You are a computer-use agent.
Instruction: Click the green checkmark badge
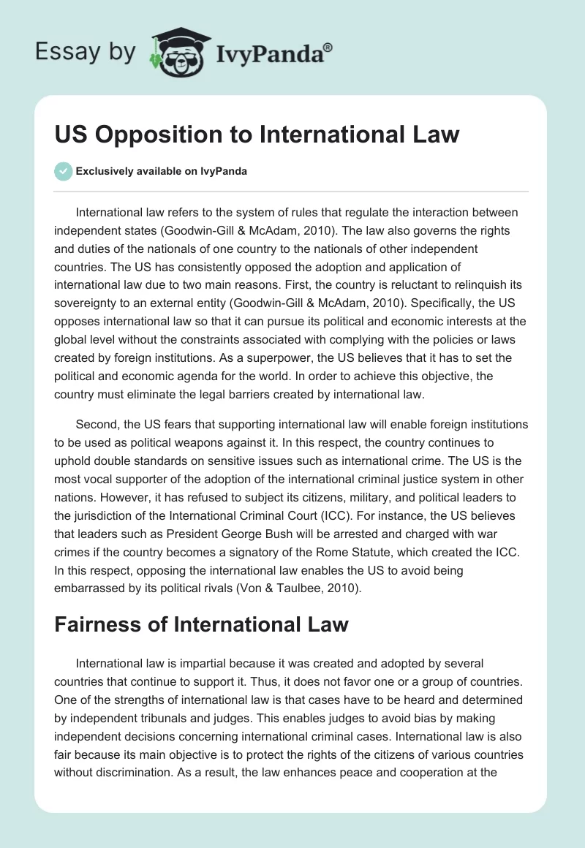(64, 171)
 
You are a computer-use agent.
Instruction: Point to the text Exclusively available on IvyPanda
(161, 171)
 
